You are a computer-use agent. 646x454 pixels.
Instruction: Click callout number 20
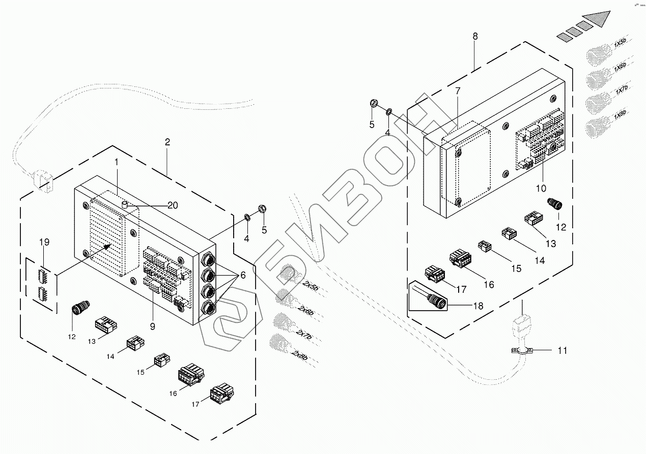173,205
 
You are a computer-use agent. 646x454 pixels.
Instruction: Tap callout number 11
562,350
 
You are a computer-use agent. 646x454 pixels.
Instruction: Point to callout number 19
44,243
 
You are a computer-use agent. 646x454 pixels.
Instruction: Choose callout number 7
458,92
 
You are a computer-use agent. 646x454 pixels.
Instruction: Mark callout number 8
475,36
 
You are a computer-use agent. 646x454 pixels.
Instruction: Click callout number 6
243,275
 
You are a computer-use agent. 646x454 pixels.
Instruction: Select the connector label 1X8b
620,116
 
